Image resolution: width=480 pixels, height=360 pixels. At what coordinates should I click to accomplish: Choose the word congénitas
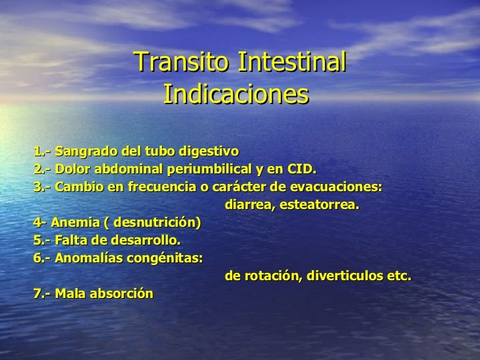(x=163, y=258)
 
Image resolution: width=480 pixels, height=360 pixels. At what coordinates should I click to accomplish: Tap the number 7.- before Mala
(x=41, y=295)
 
